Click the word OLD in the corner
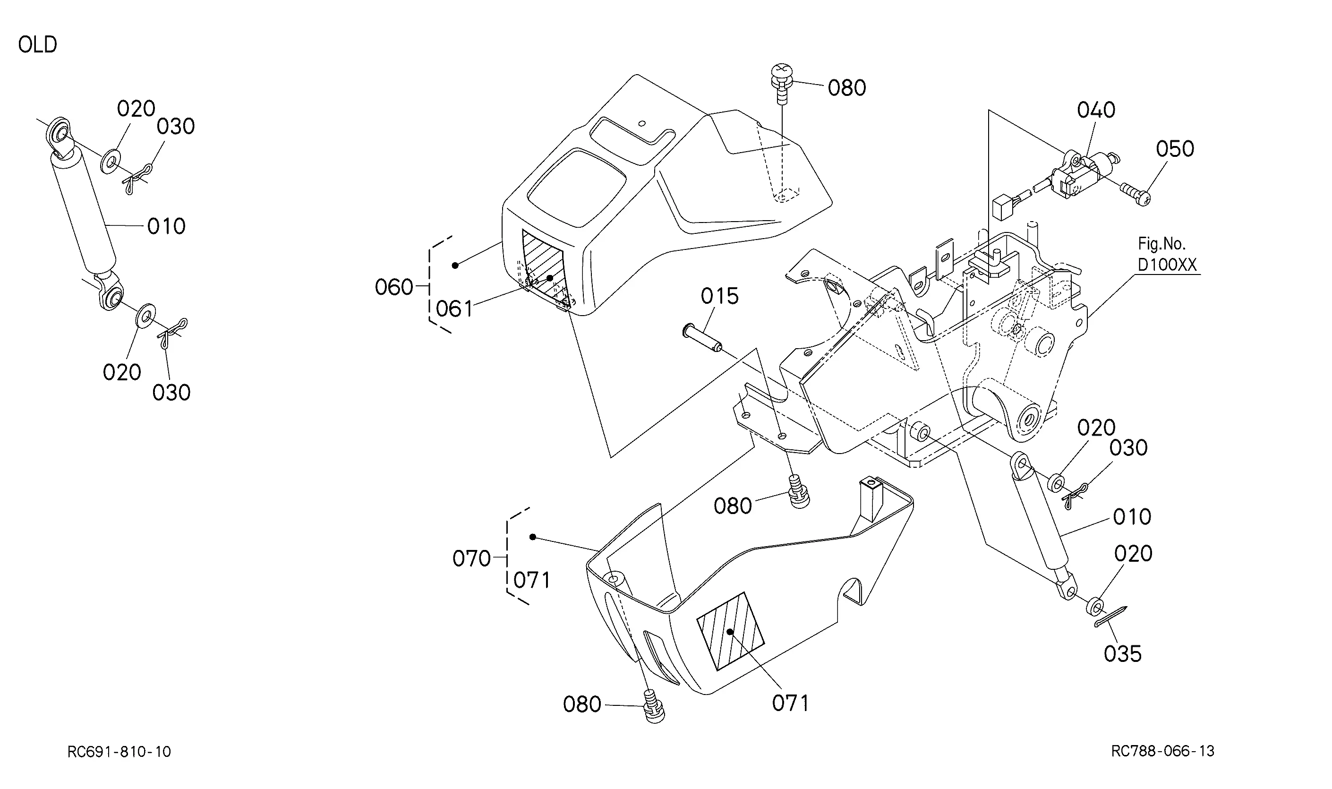tap(37, 45)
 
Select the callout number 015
tap(720, 296)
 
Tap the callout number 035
tap(1123, 654)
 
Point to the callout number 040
tap(1096, 110)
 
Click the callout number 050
tap(1175, 149)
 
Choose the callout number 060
tap(394, 287)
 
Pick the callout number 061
tap(454, 309)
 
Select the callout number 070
tap(471, 558)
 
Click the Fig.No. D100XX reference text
tap(1167, 254)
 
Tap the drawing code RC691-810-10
tap(119, 751)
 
